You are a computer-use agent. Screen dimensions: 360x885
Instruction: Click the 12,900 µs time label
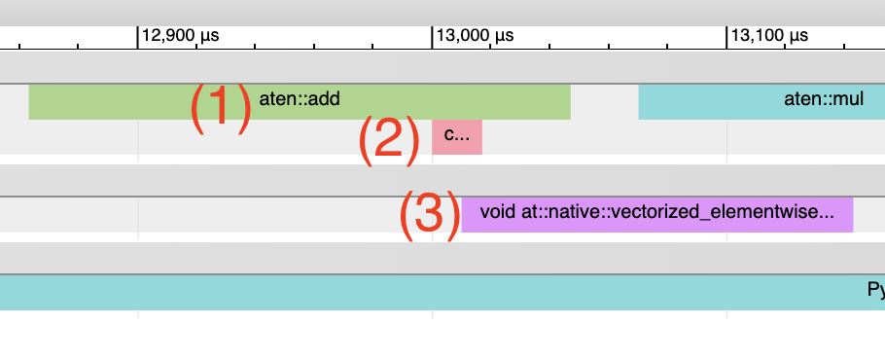(x=181, y=36)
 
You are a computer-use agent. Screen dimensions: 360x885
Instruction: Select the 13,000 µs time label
(x=476, y=36)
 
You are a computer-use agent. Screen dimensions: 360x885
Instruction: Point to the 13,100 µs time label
(x=769, y=36)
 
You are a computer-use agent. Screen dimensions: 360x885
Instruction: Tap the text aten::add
(x=300, y=98)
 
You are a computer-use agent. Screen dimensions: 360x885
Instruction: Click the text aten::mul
(x=824, y=98)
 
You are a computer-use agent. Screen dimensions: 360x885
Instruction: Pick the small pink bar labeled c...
(x=457, y=136)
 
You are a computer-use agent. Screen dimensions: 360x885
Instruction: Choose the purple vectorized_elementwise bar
(x=656, y=214)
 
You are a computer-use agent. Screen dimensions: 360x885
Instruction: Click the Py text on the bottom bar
(x=875, y=290)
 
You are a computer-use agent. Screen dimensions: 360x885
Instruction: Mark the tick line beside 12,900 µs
(x=138, y=37)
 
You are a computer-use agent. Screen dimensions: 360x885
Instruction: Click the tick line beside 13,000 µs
(x=432, y=37)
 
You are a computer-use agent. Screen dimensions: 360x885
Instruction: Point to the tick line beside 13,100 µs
(x=726, y=37)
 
